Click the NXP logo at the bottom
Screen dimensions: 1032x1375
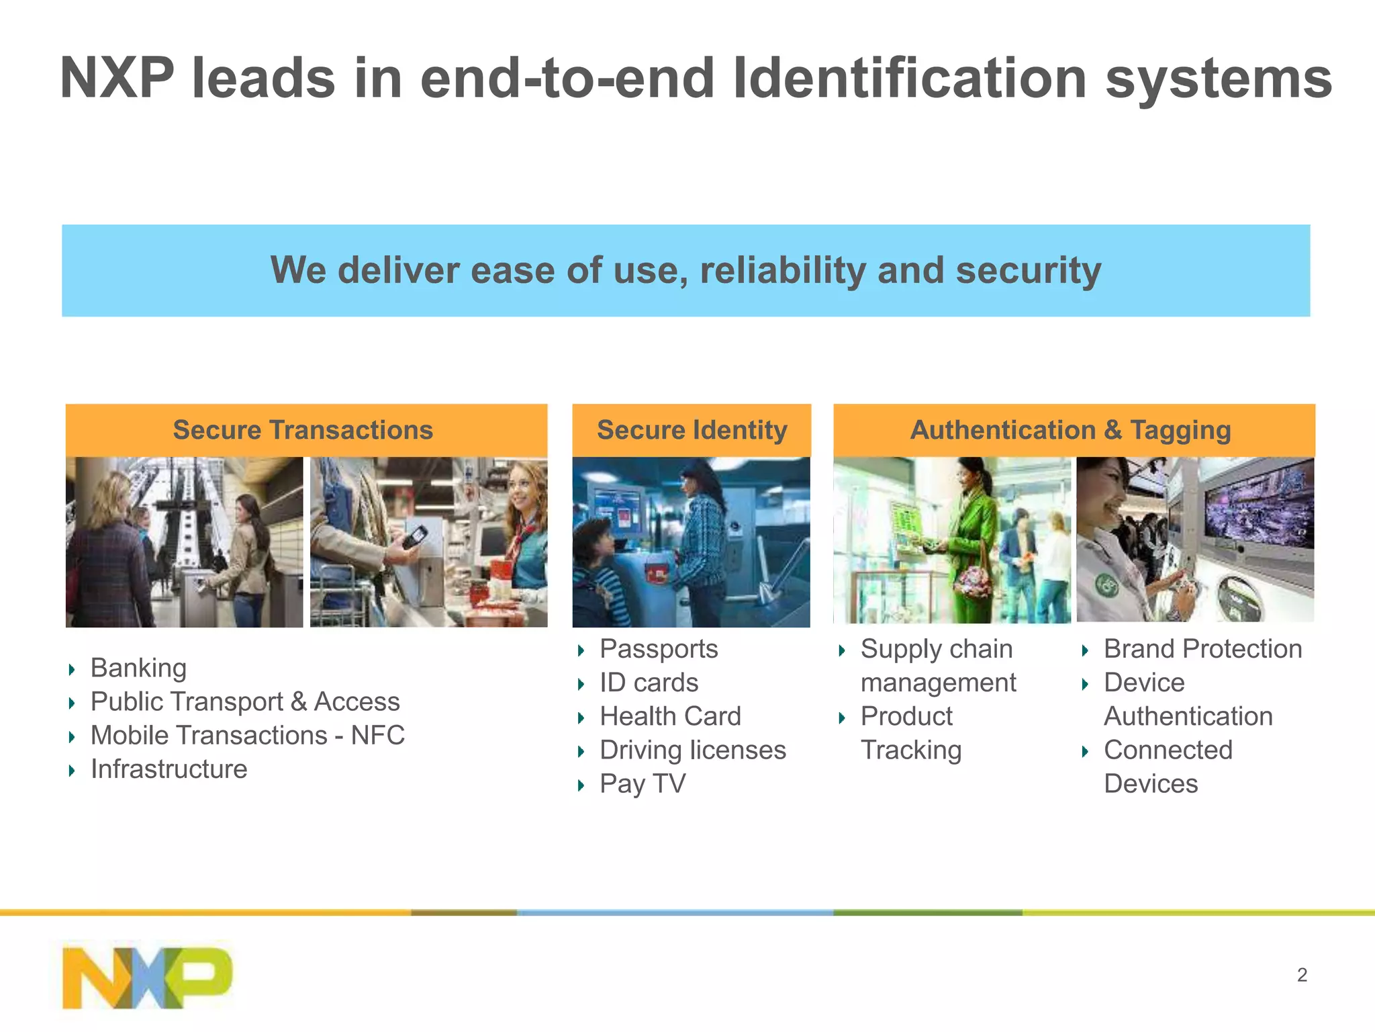coord(147,978)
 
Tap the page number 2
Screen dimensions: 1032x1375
coord(1302,975)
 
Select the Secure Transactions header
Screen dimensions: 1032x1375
coord(303,430)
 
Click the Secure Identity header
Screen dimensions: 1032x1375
coord(692,430)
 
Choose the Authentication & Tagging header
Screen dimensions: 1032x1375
coord(1070,430)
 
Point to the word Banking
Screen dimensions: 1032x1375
coord(138,668)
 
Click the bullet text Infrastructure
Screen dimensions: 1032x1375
coord(169,769)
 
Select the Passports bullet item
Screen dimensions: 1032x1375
coord(659,649)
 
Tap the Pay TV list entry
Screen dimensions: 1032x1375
coord(643,784)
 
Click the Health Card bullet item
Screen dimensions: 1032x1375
coord(670,716)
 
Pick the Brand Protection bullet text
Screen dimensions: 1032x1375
coord(1202,649)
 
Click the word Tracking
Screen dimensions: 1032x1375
coord(911,750)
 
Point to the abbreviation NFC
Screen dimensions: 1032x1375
coord(378,736)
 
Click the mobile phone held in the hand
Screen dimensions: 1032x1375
coord(414,537)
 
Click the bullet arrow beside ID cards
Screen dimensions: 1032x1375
coord(581,684)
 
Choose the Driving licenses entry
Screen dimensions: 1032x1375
coord(692,750)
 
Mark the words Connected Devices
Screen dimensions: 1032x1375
coord(1168,767)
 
